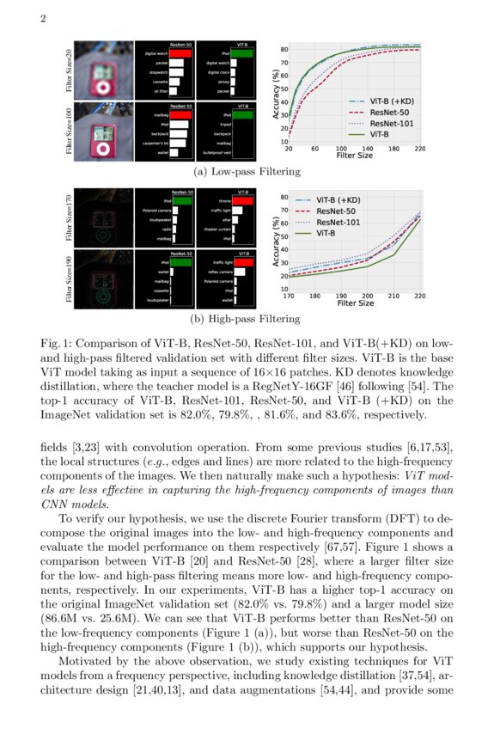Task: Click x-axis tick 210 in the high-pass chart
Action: pos(394,295)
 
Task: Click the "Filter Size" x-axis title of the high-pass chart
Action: pos(355,303)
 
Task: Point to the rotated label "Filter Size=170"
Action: pos(69,219)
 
